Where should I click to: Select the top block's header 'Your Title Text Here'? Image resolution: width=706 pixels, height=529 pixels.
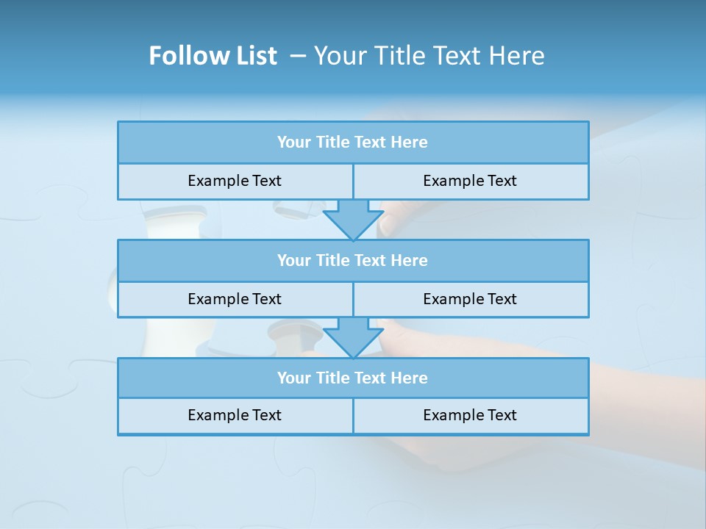tap(352, 143)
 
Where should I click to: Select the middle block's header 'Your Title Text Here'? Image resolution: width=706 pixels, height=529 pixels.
tap(352, 260)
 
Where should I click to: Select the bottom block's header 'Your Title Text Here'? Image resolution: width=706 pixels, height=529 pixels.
tap(352, 378)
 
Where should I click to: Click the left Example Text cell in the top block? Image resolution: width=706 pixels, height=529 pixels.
tap(235, 181)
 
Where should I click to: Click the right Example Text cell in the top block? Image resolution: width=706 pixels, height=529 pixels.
tap(470, 181)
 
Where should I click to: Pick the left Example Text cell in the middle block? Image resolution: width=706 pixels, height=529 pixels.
tap(235, 299)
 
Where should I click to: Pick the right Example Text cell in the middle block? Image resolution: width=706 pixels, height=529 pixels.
tap(470, 299)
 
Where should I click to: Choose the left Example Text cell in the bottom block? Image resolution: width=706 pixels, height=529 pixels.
tap(235, 415)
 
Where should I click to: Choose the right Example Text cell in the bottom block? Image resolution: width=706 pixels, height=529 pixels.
tap(470, 415)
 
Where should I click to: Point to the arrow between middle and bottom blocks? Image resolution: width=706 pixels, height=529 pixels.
tap(353, 337)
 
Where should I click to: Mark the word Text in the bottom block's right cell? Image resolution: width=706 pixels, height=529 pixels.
tap(502, 415)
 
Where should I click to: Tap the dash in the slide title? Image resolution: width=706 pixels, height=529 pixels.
tap(298, 56)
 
